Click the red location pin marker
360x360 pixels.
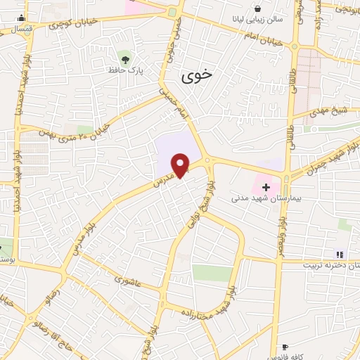tap(181, 165)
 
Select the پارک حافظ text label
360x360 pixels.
tap(124, 71)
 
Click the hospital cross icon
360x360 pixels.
tap(266, 186)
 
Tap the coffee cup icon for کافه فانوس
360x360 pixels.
tap(285, 347)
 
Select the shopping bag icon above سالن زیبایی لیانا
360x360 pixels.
tap(258, 8)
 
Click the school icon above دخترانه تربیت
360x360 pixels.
tap(340, 255)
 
